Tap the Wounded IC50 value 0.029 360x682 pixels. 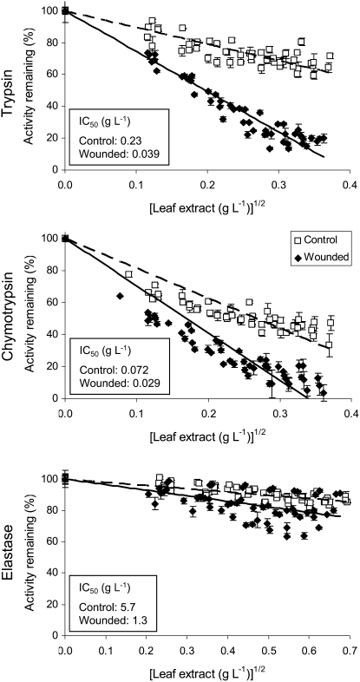tap(145, 384)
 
